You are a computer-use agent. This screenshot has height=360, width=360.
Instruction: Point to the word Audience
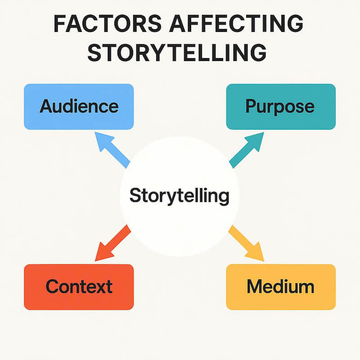pos(79,106)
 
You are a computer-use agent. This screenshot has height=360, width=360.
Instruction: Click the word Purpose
pos(280,106)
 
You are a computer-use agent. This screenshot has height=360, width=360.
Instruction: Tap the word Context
pos(79,286)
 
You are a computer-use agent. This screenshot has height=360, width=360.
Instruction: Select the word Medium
pos(280,286)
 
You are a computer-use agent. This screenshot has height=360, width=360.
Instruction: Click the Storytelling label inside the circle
pos(179,196)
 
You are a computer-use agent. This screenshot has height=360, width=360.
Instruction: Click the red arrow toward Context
pos(112,243)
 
